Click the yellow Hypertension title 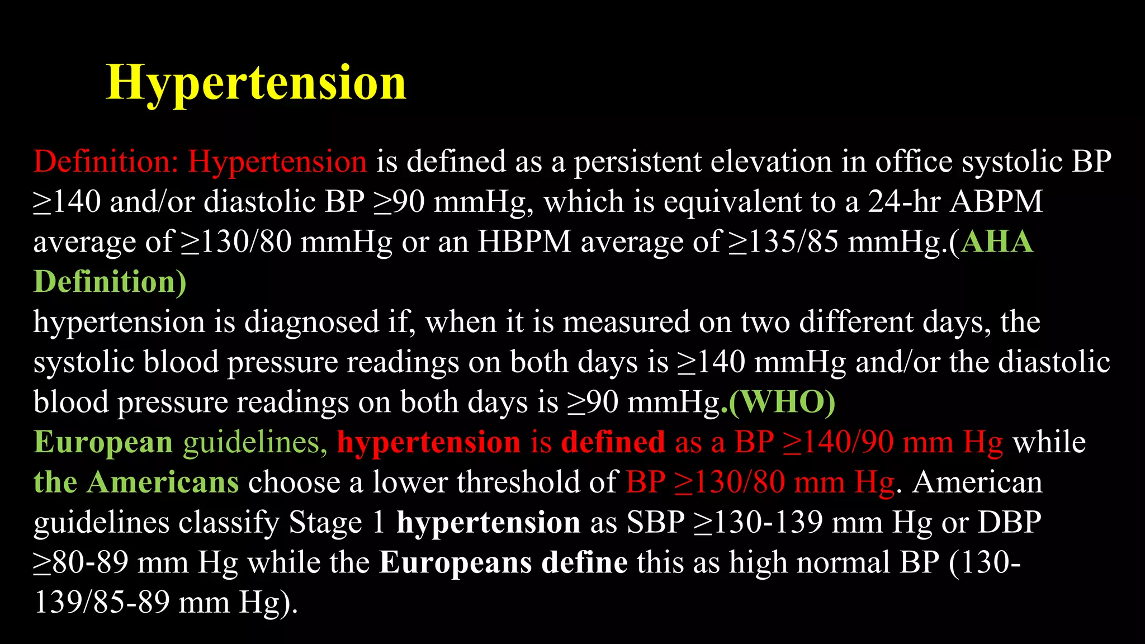256,83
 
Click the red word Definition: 106,162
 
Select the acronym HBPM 524,242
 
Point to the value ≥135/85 783,242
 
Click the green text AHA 997,242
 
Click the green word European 103,442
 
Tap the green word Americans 163,482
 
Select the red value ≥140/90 837,442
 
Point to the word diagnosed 311,322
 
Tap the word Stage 325,522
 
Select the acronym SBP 655,522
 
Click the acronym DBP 1009,522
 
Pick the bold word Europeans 455,562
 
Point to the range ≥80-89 81,562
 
